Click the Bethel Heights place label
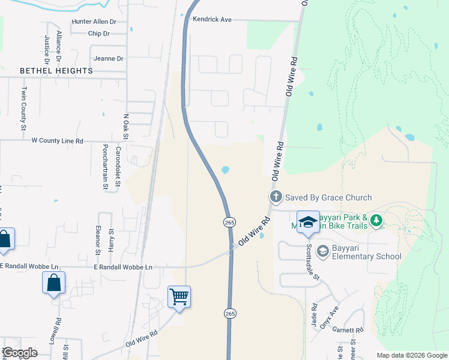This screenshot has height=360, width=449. [x=56, y=71]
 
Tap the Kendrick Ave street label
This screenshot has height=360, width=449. [x=212, y=19]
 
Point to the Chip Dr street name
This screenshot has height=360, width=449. [x=98, y=34]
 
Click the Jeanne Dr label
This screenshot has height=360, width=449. [x=109, y=59]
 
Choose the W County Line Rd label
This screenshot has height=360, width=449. [x=57, y=140]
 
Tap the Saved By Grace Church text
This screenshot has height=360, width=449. [x=328, y=197]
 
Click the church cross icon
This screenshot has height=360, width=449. [x=276, y=197]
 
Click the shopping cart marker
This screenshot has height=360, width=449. [x=179, y=296]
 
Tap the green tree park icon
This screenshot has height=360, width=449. [x=376, y=221]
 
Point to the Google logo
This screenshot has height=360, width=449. [x=20, y=353]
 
